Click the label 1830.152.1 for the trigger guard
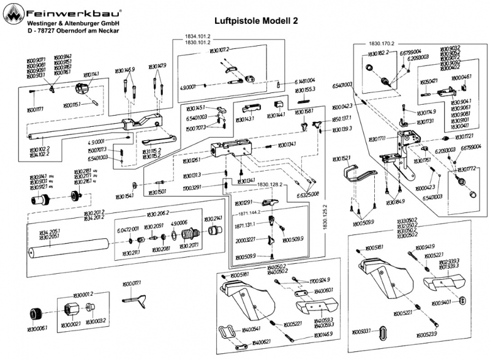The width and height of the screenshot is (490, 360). coord(341,159)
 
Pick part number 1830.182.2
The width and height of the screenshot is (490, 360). coord(379,54)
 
